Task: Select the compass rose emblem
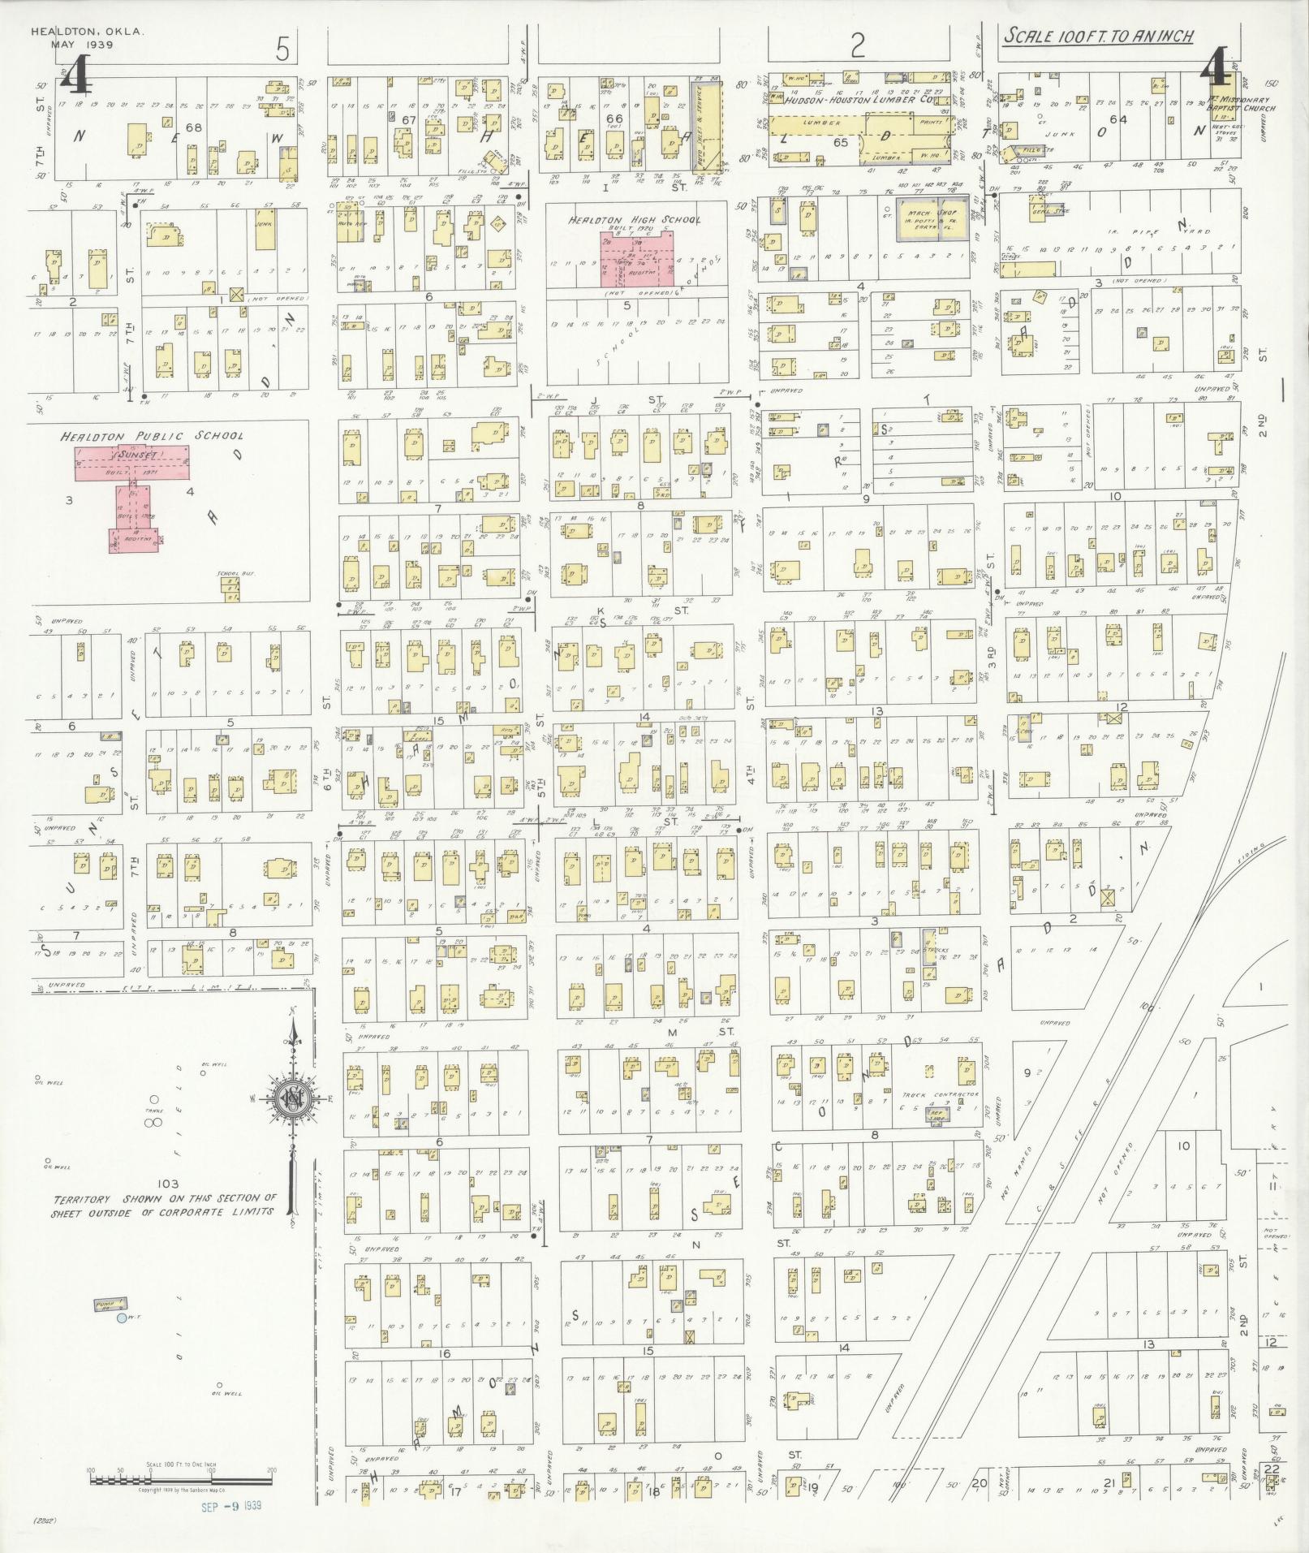coord(290,1100)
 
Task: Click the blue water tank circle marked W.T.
coord(121,1319)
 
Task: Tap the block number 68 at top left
coord(193,127)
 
